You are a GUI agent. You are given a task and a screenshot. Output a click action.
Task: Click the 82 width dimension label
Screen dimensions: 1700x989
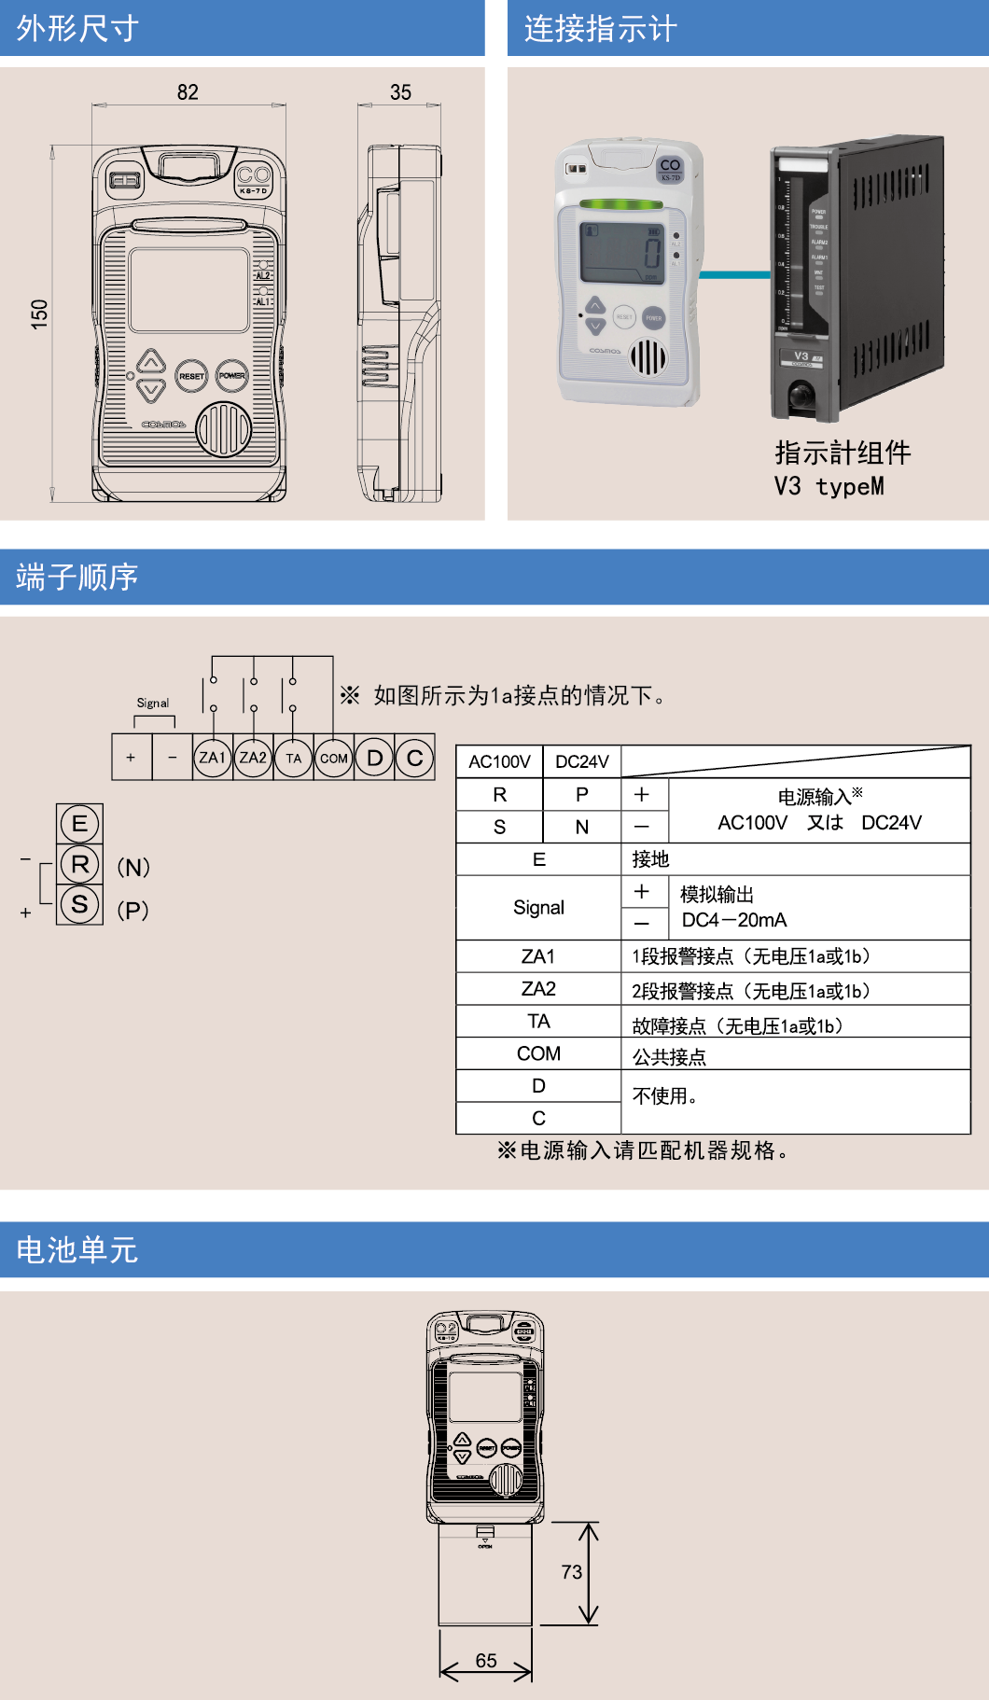(188, 92)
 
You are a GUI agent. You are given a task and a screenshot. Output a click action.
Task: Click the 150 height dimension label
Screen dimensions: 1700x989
(39, 313)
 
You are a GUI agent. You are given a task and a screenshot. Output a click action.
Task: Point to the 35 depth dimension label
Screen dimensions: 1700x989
(400, 92)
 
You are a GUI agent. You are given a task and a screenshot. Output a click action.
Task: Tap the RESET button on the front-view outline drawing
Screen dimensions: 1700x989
(191, 376)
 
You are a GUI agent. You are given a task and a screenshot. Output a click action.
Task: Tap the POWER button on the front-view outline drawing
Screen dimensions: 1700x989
(232, 375)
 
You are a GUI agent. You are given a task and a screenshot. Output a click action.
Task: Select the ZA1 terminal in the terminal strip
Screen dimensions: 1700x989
(213, 758)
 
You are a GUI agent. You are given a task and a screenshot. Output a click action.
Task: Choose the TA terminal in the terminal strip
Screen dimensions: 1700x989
(294, 758)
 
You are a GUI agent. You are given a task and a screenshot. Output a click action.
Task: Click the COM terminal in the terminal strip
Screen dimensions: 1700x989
(334, 758)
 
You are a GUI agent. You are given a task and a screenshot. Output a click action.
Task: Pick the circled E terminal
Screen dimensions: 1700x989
(79, 823)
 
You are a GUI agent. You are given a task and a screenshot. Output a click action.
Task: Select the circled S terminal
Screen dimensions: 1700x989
(79, 904)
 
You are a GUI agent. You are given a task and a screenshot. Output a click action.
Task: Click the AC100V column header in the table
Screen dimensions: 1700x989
(499, 761)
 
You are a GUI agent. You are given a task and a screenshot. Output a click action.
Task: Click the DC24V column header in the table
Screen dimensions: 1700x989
(581, 761)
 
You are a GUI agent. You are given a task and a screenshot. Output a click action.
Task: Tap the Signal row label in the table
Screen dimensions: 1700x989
(538, 907)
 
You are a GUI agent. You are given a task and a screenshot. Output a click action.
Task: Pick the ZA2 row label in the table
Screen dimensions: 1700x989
(538, 988)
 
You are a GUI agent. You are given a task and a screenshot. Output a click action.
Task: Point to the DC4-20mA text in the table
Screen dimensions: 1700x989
(734, 920)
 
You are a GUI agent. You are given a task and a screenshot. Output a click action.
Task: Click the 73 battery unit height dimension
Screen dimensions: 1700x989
(571, 1572)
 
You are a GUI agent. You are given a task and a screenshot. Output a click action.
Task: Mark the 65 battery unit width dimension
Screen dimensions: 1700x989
(486, 1661)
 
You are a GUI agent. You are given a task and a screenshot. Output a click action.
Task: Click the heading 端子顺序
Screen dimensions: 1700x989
(77, 577)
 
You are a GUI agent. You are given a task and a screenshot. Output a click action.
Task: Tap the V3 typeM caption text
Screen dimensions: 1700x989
(829, 486)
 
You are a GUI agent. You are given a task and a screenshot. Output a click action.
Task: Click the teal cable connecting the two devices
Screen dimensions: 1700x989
(735, 274)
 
